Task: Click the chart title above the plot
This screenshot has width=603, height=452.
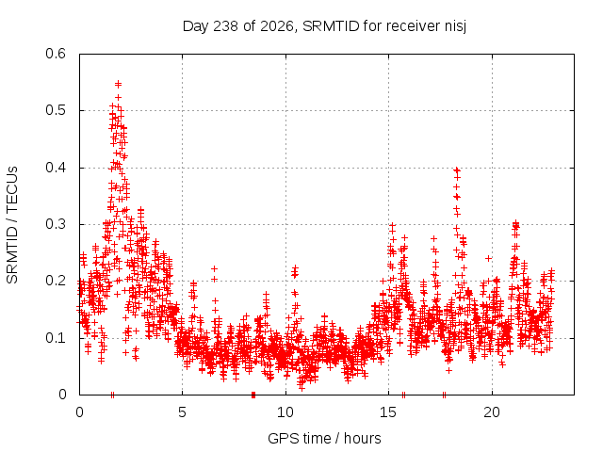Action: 324,26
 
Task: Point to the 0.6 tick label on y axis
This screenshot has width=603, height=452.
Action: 56,54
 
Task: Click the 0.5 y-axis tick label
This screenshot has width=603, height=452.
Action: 56,110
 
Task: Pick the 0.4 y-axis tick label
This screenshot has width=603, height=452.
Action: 56,168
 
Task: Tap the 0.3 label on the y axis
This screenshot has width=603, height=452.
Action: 56,224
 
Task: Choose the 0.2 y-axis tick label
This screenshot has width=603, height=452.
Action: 56,281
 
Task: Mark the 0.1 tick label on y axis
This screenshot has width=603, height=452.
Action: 56,338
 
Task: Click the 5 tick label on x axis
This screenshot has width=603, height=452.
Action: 182,412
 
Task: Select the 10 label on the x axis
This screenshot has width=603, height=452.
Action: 285,412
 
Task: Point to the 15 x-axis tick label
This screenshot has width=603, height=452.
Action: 388,412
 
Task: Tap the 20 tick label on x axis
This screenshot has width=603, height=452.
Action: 492,412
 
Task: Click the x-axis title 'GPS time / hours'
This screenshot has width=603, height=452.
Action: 324,438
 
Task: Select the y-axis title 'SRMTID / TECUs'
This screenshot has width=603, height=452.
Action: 12,225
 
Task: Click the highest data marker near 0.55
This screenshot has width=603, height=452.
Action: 119,84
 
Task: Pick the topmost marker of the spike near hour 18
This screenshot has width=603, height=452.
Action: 457,169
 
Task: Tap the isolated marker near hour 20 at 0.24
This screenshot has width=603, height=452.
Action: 488,259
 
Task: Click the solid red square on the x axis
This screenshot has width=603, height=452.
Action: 253,395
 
